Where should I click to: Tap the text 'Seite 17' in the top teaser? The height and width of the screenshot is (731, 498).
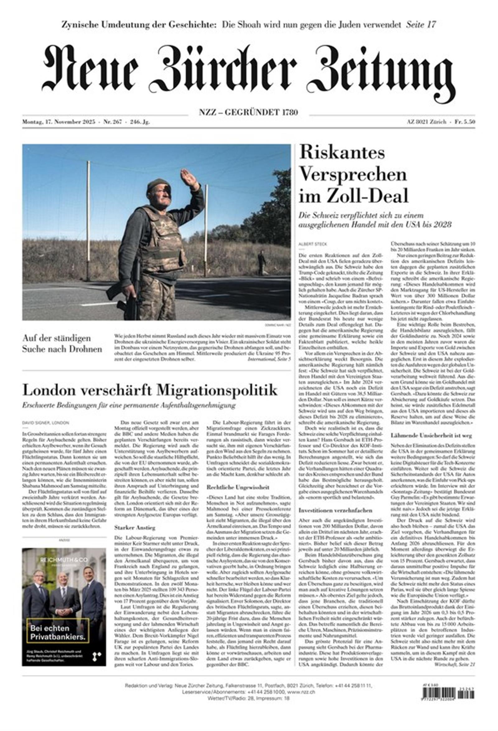click(x=421, y=25)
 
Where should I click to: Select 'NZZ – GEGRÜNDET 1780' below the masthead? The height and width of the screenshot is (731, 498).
click(x=248, y=112)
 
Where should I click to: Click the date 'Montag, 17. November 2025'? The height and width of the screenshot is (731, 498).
click(x=59, y=122)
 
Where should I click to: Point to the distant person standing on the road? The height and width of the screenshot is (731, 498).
click(x=261, y=262)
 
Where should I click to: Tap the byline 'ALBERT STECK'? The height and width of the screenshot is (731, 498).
click(x=310, y=244)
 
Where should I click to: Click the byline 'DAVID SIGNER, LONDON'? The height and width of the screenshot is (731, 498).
click(x=45, y=423)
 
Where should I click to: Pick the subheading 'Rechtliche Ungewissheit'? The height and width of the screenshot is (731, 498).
click(x=238, y=487)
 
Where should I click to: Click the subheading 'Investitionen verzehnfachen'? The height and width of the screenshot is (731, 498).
click(x=335, y=510)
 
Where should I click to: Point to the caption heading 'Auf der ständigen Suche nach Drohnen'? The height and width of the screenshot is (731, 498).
click(x=62, y=344)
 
